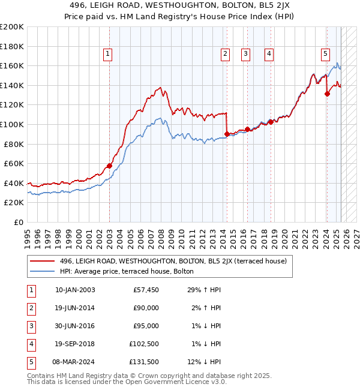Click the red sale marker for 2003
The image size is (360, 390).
(110, 166)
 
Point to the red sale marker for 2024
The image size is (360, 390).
(327, 93)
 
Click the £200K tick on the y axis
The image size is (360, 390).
(13, 27)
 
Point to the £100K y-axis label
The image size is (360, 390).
(13, 124)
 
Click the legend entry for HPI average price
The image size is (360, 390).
(127, 271)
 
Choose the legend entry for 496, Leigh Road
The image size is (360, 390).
(173, 261)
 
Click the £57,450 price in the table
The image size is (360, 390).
(146, 290)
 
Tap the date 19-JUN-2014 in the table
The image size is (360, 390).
(75, 308)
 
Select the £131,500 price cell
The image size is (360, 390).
(144, 362)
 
